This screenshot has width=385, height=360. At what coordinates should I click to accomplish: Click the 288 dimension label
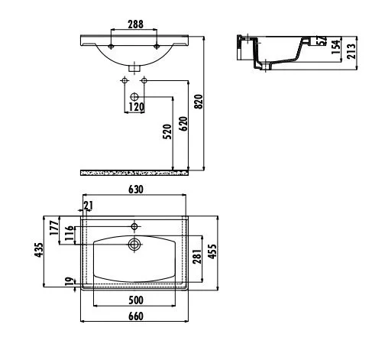click(135, 24)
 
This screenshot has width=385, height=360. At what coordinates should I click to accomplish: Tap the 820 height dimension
click(199, 102)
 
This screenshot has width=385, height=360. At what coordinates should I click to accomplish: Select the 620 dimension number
click(183, 124)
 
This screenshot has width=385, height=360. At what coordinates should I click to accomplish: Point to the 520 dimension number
click(167, 131)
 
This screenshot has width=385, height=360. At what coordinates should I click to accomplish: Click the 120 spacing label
click(136, 107)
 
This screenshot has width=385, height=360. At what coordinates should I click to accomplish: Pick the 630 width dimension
click(136, 190)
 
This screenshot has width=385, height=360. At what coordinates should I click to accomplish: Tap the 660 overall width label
click(136, 316)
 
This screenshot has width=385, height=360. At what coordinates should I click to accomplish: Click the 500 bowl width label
click(136, 300)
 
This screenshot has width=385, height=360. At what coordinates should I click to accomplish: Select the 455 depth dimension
click(212, 251)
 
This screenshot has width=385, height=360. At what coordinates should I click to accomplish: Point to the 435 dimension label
click(39, 250)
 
